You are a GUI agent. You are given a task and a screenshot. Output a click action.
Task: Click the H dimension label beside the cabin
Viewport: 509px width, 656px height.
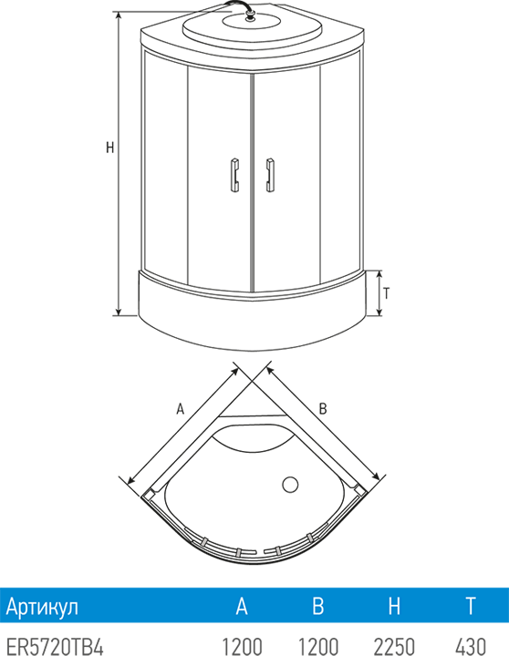[109, 148]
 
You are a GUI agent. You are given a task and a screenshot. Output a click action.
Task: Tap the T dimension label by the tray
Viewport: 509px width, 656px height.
[386, 293]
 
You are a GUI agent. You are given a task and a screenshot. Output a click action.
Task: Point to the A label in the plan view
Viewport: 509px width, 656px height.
[180, 408]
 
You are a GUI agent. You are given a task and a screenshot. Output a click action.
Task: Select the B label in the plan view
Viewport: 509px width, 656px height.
[323, 408]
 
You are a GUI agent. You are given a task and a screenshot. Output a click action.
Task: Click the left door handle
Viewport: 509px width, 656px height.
[235, 174]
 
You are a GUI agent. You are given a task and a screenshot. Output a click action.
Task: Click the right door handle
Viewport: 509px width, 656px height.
[269, 174]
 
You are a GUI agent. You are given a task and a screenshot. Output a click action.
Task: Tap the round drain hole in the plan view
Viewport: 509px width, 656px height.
[290, 485]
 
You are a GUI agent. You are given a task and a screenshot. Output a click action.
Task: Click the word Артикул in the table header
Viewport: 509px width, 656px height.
[42, 606]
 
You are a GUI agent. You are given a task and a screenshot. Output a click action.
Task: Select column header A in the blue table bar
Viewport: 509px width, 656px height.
[242, 605]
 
